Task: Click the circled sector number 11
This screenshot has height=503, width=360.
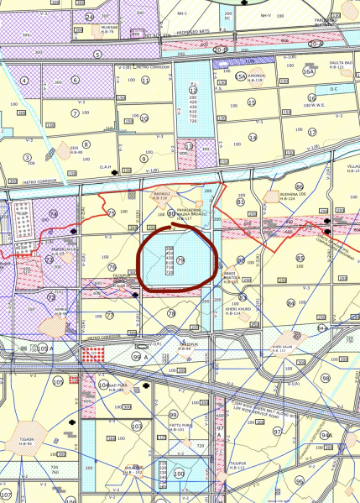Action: click(x=145, y=81)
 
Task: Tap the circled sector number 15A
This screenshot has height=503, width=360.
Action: click(x=241, y=76)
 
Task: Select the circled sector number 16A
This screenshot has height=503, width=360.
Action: click(x=308, y=72)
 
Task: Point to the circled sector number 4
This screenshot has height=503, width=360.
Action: click(x=25, y=81)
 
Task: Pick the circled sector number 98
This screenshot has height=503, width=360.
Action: click(x=325, y=379)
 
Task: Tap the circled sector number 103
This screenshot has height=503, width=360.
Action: click(x=136, y=426)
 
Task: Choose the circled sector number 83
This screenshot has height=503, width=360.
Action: click(x=300, y=258)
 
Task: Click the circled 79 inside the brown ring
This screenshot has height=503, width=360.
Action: click(x=180, y=263)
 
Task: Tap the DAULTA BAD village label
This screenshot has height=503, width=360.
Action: click(x=338, y=64)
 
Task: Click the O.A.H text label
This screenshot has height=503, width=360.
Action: click(x=106, y=166)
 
